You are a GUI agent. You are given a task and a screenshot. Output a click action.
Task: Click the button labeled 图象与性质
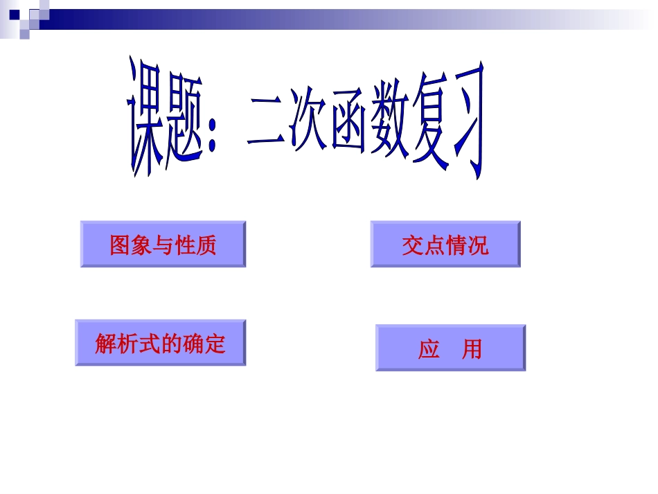click(x=163, y=244)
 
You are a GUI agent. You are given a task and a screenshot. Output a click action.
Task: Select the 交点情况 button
click(x=445, y=244)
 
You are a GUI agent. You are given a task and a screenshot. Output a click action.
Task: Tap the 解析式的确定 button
click(x=160, y=342)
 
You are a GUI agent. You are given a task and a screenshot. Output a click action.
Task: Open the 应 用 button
click(x=450, y=348)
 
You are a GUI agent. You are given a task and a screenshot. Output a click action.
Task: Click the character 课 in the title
click(x=148, y=118)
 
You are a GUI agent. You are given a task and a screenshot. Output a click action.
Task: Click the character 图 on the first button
click(x=121, y=245)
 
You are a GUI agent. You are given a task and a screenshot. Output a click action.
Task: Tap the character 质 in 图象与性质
click(x=206, y=245)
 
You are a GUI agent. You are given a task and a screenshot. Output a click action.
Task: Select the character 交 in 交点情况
click(x=412, y=245)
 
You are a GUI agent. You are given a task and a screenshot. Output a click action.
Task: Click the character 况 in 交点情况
click(x=478, y=245)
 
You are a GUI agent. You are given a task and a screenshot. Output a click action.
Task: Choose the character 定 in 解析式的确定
click(x=215, y=343)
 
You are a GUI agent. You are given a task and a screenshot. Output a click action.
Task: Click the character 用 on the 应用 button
click(x=472, y=349)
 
